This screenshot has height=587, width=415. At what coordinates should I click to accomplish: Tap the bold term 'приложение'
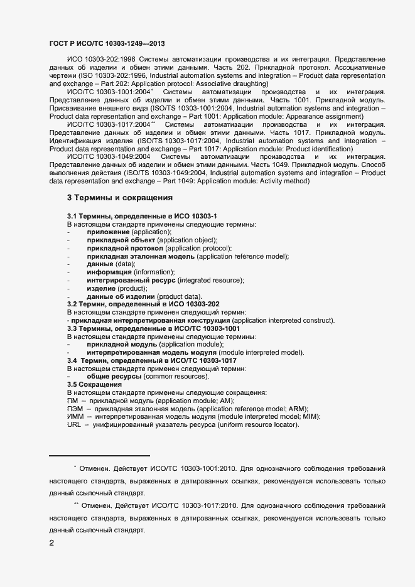click(x=109, y=232)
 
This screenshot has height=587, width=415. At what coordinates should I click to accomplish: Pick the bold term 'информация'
click(x=109, y=272)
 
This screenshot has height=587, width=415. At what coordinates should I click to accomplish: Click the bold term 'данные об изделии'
click(x=121, y=296)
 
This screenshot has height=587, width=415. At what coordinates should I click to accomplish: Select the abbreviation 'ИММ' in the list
click(x=75, y=417)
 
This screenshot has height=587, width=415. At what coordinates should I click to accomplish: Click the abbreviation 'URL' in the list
click(x=73, y=425)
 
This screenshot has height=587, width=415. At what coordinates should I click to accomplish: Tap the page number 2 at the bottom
click(x=51, y=543)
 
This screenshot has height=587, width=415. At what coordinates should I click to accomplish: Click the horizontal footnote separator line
click(x=99, y=456)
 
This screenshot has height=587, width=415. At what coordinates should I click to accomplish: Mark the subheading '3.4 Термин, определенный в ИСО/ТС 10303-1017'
click(x=151, y=361)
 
